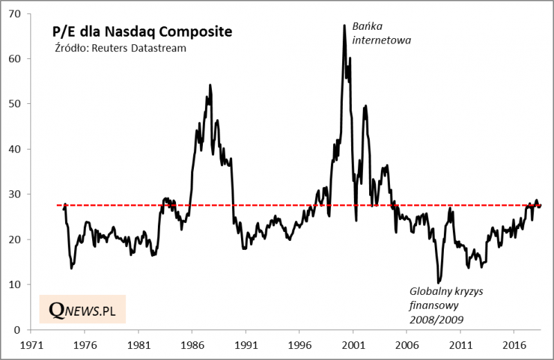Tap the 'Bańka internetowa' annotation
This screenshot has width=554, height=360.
pos(382,33)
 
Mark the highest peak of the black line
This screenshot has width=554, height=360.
pos(344,26)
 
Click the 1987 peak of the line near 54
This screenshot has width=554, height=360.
pos(210,85)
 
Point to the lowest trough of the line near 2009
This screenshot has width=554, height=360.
pos(439,282)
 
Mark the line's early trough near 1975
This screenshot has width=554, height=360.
pos(72,268)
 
